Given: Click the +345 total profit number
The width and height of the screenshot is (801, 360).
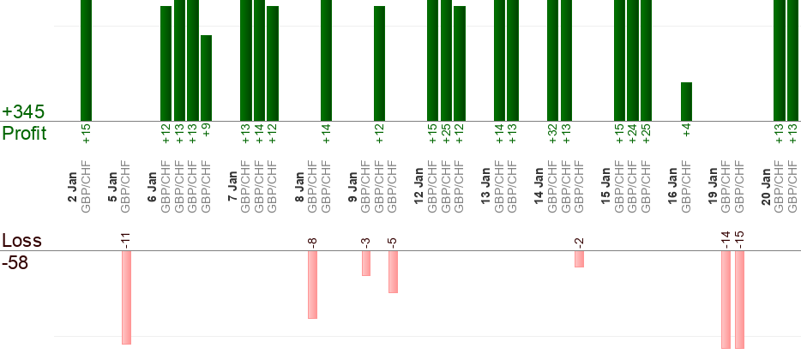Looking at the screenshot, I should [x=23, y=112].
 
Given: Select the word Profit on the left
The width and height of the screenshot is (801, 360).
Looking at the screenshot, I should [x=25, y=134].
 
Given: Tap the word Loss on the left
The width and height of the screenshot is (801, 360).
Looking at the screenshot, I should [x=21, y=241].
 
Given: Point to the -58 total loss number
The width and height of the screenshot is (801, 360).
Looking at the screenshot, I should [x=15, y=262].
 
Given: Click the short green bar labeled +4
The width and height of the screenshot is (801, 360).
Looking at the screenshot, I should [x=686, y=101].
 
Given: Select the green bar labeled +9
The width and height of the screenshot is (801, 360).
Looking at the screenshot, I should [x=206, y=77].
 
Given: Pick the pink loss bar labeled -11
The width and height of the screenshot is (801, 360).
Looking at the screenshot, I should [x=126, y=297].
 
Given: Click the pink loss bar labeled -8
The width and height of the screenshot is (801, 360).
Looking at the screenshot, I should [x=312, y=285].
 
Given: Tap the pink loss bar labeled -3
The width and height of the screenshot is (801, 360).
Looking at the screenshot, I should [x=365, y=263].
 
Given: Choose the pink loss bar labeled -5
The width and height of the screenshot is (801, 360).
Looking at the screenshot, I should [x=393, y=272].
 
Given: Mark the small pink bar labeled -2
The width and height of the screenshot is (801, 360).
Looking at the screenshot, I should [x=579, y=259].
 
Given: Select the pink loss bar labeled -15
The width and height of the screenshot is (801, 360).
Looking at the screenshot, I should [x=739, y=300].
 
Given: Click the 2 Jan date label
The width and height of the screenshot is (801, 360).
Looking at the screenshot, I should [x=73, y=188].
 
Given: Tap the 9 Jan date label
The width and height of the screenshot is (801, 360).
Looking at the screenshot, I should [x=352, y=188].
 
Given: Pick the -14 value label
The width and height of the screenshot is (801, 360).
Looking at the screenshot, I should [x=726, y=239].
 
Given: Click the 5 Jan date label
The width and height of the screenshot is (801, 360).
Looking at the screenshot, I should [x=112, y=188].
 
